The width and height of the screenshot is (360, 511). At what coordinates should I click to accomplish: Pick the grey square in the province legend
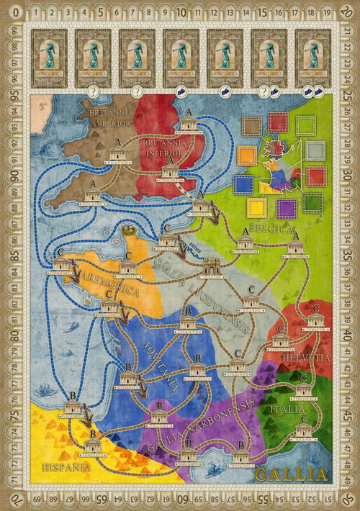coord(315,150)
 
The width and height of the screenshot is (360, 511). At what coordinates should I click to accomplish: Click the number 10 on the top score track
coord(181,12)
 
